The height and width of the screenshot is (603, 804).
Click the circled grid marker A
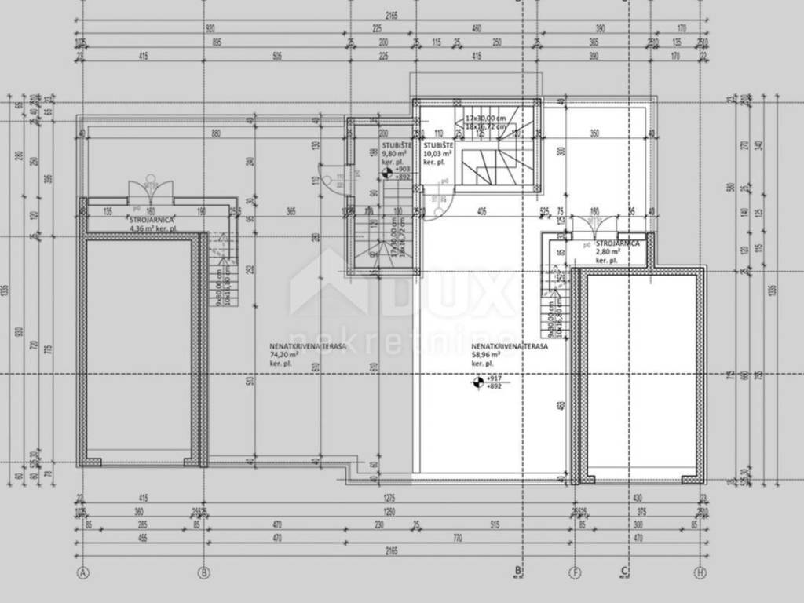click(x=82, y=572)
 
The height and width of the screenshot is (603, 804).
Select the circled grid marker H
click(x=699, y=572)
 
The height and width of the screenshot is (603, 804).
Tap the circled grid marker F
click(x=576, y=572)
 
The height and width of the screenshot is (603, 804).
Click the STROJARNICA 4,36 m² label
click(x=153, y=225)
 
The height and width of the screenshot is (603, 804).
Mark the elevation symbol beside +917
click(x=477, y=383)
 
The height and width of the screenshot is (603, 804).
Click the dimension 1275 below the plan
click(x=389, y=498)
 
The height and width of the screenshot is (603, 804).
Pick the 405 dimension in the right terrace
click(x=481, y=210)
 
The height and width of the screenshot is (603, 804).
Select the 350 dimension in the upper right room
click(x=594, y=133)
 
